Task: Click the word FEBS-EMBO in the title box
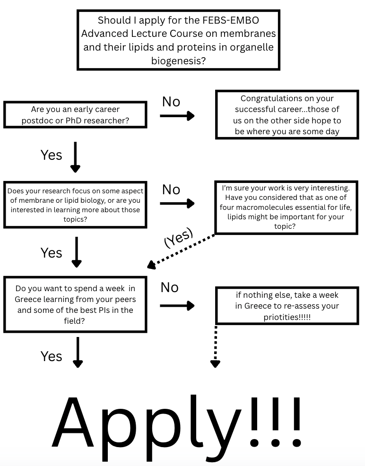click(x=231, y=20)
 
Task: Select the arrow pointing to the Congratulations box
click(x=177, y=116)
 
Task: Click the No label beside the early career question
click(x=171, y=102)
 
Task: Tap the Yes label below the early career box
click(x=51, y=155)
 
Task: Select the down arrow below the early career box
click(x=75, y=157)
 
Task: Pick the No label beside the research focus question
click(x=171, y=190)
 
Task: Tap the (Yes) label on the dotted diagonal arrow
click(x=179, y=237)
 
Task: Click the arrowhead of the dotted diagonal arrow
click(x=151, y=265)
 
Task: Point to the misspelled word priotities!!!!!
click(x=287, y=317)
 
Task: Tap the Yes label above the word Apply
click(x=51, y=356)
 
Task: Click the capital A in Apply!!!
click(x=73, y=422)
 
